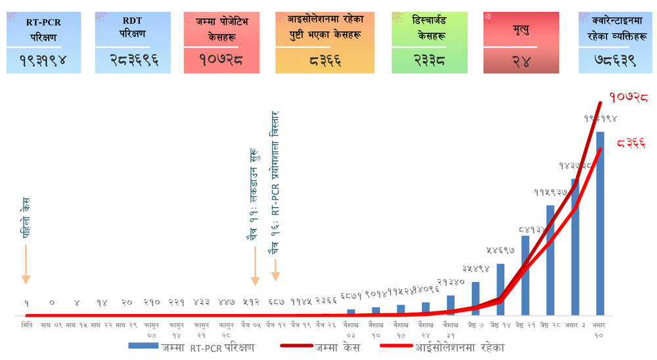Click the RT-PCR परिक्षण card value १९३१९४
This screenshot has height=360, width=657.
click(x=43, y=62)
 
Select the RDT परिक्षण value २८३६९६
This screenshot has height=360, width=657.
click(x=132, y=62)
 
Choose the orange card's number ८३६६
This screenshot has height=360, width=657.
click(x=325, y=62)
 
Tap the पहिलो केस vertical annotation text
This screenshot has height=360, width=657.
click(x=25, y=218)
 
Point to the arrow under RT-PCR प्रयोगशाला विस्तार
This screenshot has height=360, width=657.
click(x=276, y=269)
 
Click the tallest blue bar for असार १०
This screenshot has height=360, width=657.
click(x=600, y=223)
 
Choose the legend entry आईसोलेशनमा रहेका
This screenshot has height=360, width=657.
click(x=460, y=347)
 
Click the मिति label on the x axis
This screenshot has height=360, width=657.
click(x=26, y=324)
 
